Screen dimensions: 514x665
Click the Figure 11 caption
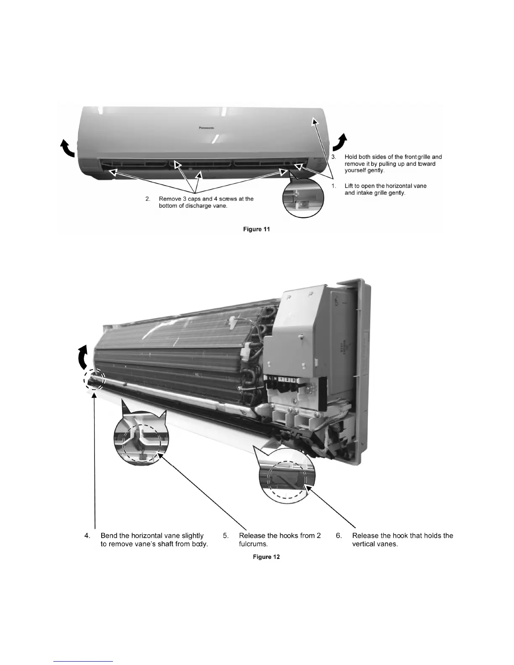pos(257,229)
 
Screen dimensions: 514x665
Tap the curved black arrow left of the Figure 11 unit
pos(67,148)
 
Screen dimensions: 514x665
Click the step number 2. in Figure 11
pos(148,199)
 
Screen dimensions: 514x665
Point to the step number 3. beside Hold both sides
pos(334,157)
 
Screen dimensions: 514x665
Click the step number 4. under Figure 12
pos(87,536)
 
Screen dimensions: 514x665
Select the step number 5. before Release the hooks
pos(226,536)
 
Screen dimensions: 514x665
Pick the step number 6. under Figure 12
pos(339,536)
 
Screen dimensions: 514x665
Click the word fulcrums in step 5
pos(253,544)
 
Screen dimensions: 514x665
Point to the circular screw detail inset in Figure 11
pos(303,197)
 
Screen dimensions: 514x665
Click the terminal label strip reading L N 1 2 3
pos(283,380)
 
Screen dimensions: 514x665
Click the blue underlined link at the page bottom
pos(84,661)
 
